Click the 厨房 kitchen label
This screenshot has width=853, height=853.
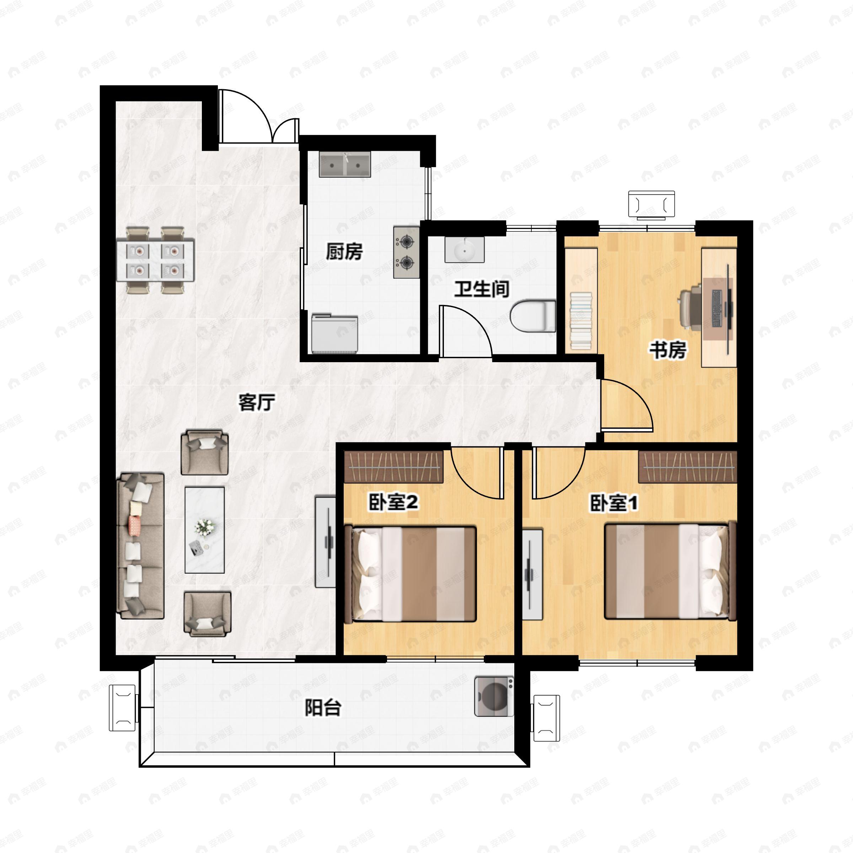point(344,251)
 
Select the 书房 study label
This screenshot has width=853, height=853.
point(667,350)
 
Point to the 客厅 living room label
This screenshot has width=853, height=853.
point(257,402)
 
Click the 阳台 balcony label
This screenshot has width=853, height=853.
point(323,707)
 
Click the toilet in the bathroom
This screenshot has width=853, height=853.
point(533,316)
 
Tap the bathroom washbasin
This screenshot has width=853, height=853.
point(464,250)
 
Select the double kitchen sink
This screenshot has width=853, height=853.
point(345,165)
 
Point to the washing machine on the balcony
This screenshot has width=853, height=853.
point(494,696)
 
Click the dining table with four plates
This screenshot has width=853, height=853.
point(155,260)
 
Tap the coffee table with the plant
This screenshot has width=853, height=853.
point(204,530)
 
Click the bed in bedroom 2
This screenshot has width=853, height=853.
point(410,574)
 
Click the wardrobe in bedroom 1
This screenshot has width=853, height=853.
point(687,467)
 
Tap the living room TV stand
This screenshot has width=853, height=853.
point(326,542)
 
